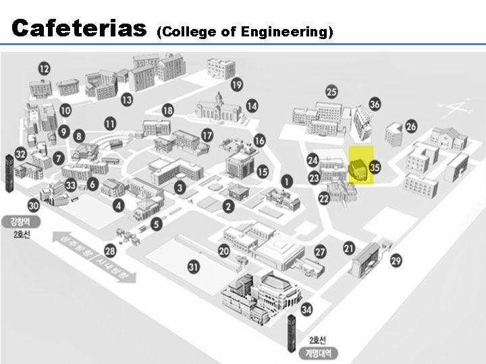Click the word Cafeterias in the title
point(80,28)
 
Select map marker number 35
point(376,166)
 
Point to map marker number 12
point(45,68)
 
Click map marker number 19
point(236,85)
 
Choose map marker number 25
point(331,92)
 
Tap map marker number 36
point(375,104)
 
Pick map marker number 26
point(411,126)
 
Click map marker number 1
point(287,181)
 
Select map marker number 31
point(194,268)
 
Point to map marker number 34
point(306,309)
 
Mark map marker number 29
point(396,261)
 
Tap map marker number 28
point(110,251)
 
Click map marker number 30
point(33,206)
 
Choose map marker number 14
point(252,106)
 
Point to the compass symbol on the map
point(458,107)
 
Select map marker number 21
point(348,248)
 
